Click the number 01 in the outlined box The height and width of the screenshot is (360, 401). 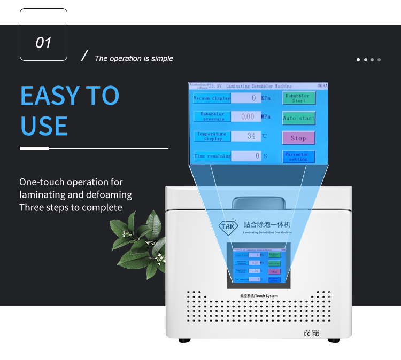point(43,42)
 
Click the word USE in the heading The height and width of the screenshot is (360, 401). point(44,126)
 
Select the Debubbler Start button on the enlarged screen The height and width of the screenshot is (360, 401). point(299,98)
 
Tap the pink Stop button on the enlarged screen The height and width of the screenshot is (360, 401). point(298,138)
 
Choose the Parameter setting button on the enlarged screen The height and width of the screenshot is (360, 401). point(298,156)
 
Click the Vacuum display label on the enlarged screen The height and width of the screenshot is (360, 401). point(212,98)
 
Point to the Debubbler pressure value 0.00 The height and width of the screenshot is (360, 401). point(246,116)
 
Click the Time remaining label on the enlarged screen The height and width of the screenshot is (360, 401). point(212,156)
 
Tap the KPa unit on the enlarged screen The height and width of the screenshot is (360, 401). point(266,98)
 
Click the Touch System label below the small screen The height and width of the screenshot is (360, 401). point(259,296)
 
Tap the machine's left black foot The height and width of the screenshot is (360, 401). point(184,340)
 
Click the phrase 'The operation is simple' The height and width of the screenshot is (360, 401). point(134,59)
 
